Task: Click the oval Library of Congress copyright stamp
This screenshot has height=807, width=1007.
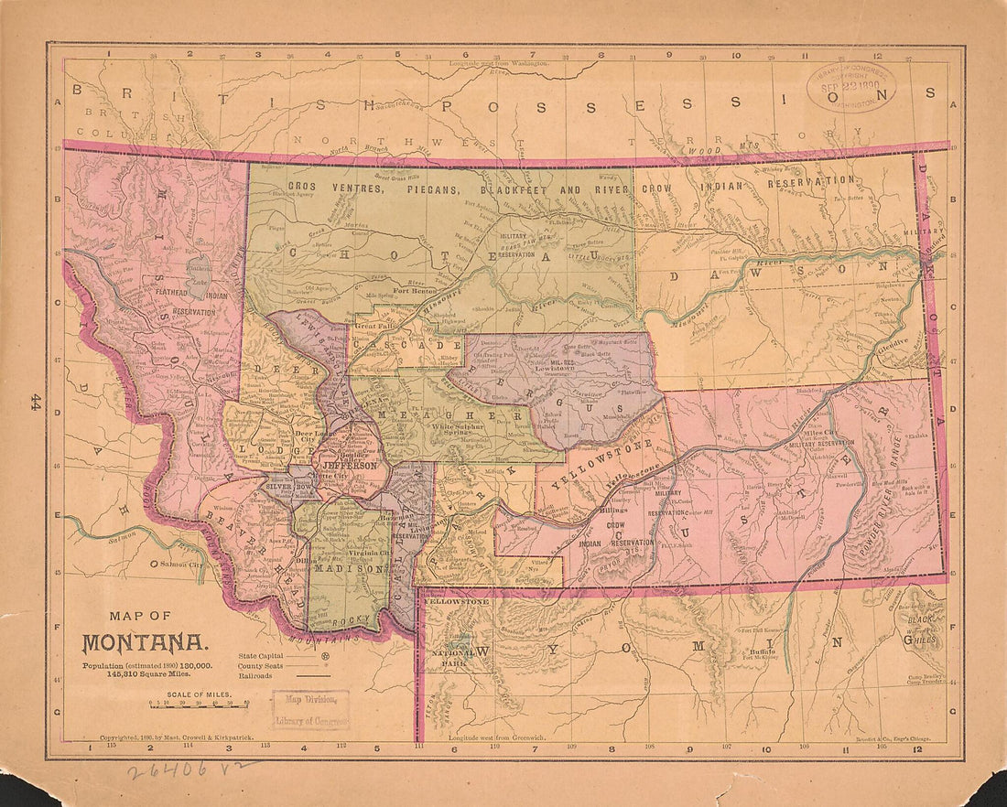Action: (850, 87)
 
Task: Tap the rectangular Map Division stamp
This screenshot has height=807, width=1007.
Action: (310, 709)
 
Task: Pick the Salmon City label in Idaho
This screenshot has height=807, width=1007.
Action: (182, 565)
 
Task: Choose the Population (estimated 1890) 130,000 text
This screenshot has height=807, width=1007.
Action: (146, 665)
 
